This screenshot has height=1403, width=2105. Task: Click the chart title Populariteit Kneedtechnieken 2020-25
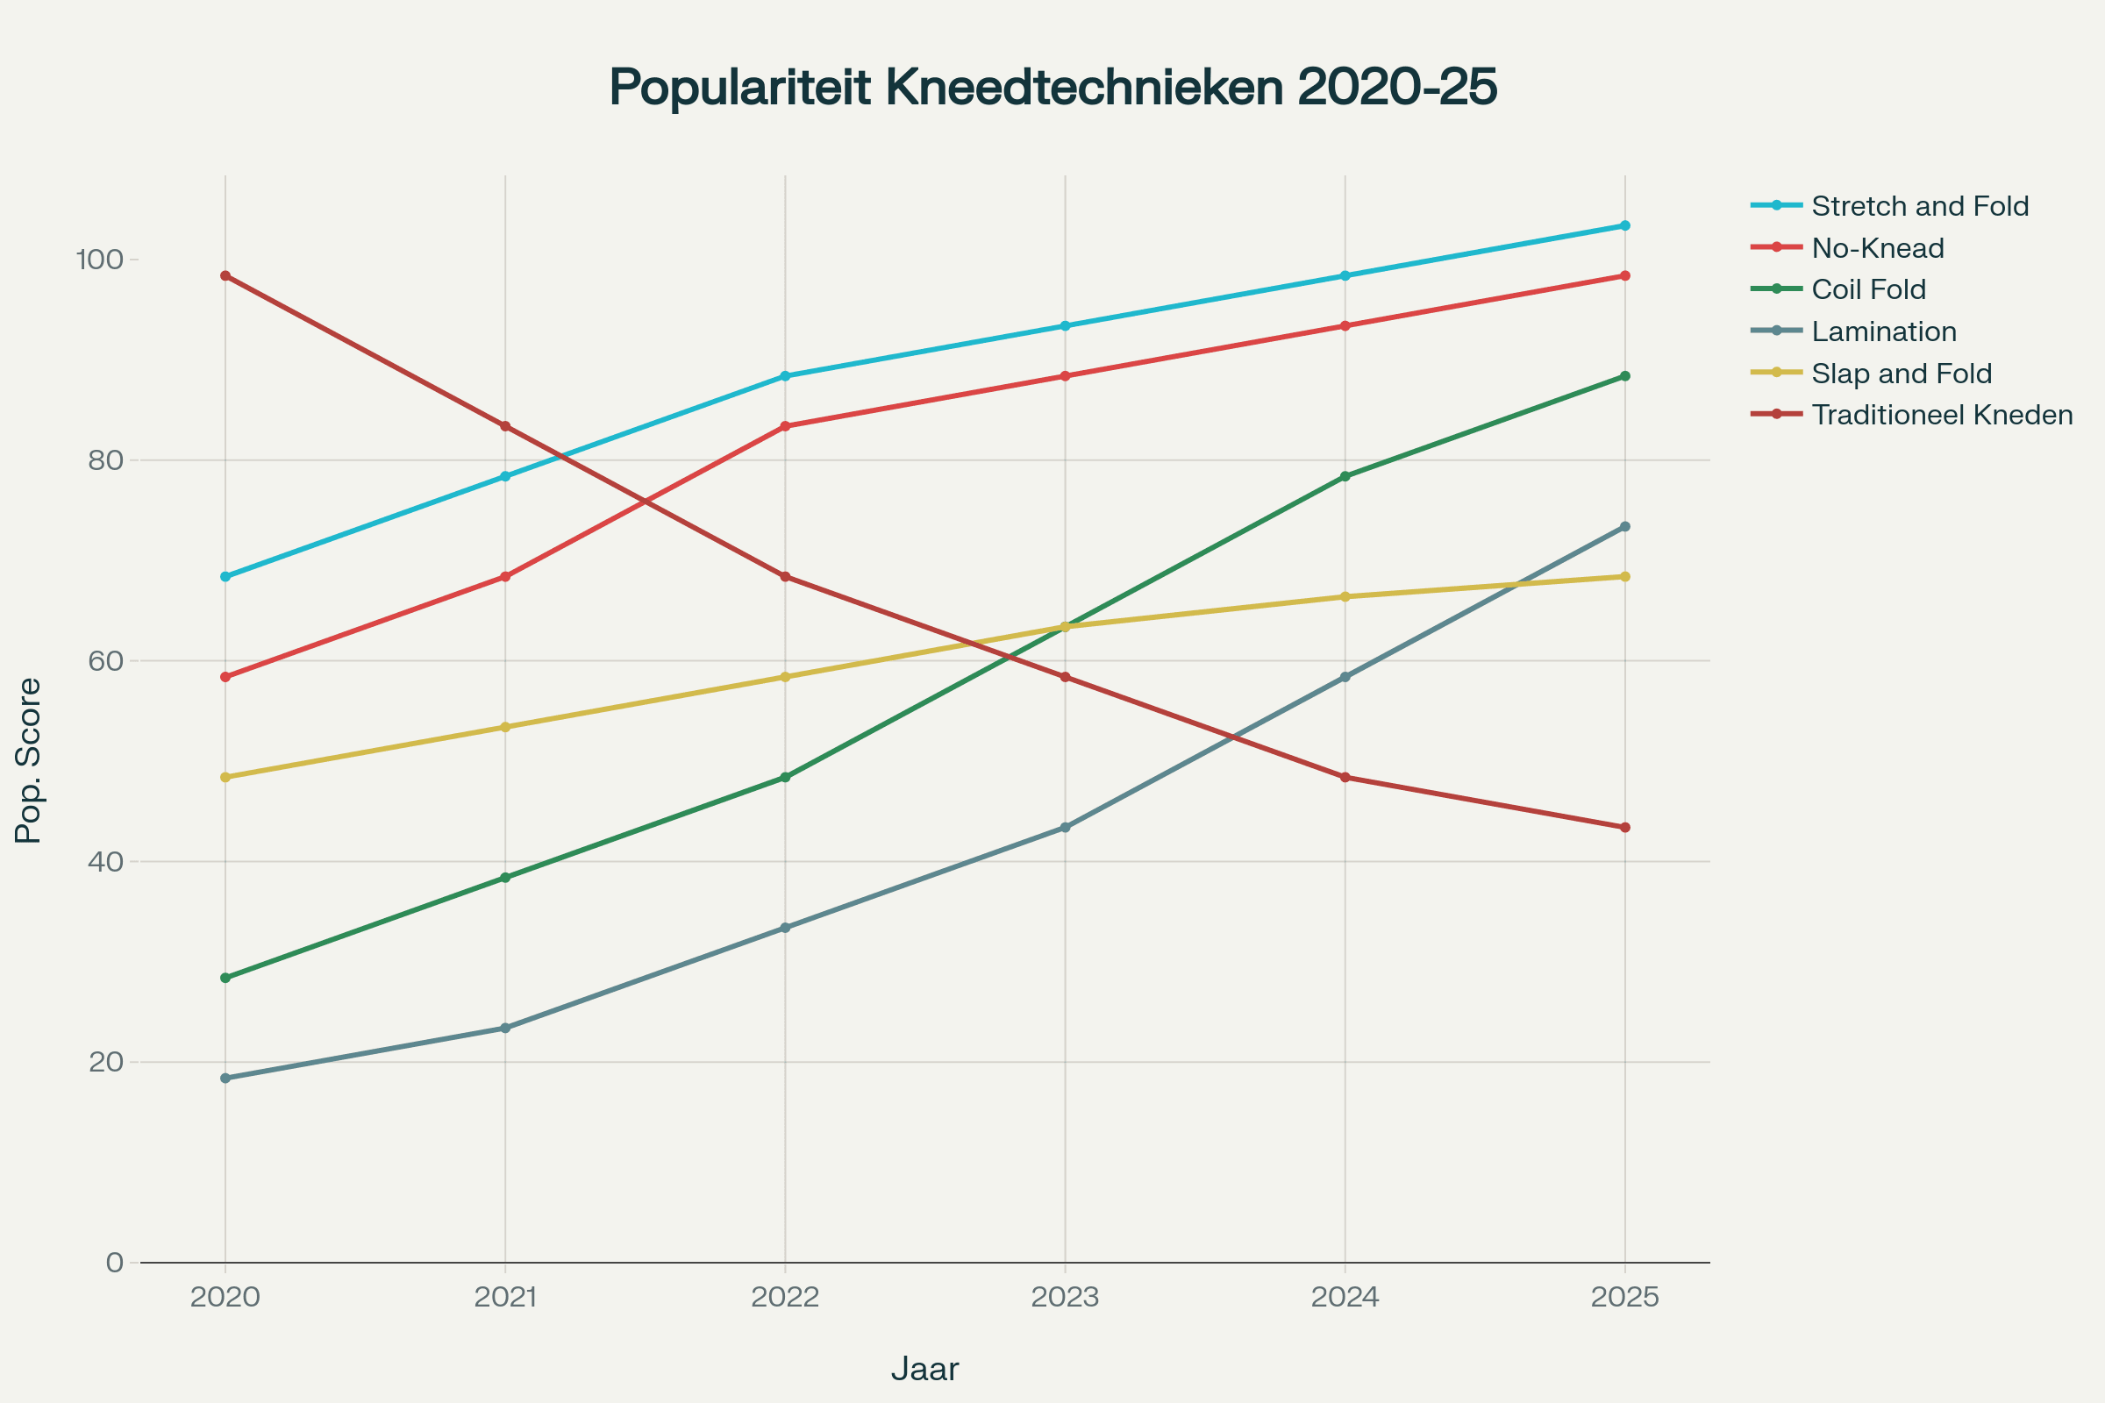[1052, 88]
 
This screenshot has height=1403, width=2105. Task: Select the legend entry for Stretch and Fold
[1919, 207]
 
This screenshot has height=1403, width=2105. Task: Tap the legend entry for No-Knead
[1877, 248]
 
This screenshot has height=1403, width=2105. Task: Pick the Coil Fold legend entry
[1868, 290]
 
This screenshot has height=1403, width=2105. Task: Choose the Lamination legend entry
[1883, 332]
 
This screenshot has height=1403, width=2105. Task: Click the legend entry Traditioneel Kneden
[1941, 415]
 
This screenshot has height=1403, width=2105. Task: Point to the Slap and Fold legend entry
[1901, 374]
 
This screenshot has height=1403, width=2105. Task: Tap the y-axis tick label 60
[104, 662]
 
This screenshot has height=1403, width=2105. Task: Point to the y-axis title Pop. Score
[29, 760]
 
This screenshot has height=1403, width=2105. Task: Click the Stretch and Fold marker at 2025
[1624, 225]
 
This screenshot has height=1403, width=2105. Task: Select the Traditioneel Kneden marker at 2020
[225, 275]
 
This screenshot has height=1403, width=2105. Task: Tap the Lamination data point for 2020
[225, 1079]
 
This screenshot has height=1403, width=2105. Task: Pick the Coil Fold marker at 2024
[1345, 477]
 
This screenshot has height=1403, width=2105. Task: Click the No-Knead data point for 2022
[785, 426]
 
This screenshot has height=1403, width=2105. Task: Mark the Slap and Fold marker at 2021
[506, 728]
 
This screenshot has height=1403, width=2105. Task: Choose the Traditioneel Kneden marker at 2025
[1624, 828]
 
